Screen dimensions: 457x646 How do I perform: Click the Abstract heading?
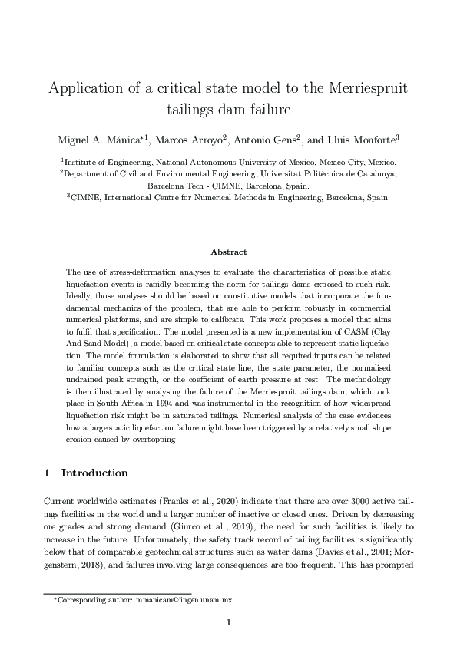(228, 252)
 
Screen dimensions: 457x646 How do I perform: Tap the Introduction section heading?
(94, 473)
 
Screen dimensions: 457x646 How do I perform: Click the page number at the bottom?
(228, 622)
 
